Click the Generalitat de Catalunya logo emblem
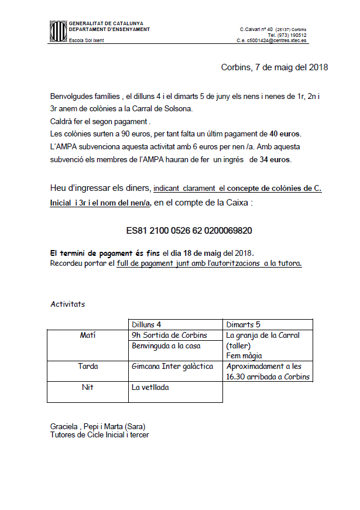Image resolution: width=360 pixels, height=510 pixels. click(57, 32)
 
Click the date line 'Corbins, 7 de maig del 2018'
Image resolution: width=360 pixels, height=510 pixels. click(274, 67)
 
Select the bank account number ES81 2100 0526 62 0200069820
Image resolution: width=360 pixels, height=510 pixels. click(189, 231)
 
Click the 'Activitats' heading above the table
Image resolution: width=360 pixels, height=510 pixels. click(68, 304)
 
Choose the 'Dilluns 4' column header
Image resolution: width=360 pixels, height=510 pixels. click(146, 324)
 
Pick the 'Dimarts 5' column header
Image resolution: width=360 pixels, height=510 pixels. click(243, 324)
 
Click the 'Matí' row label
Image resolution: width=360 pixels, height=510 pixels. click(88, 336)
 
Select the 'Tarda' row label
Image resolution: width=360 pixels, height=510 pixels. click(88, 367)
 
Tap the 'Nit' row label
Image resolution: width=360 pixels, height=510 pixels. click(88, 387)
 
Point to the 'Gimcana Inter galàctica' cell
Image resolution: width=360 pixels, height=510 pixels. click(170, 367)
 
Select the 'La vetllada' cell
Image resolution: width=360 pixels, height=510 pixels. click(150, 387)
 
